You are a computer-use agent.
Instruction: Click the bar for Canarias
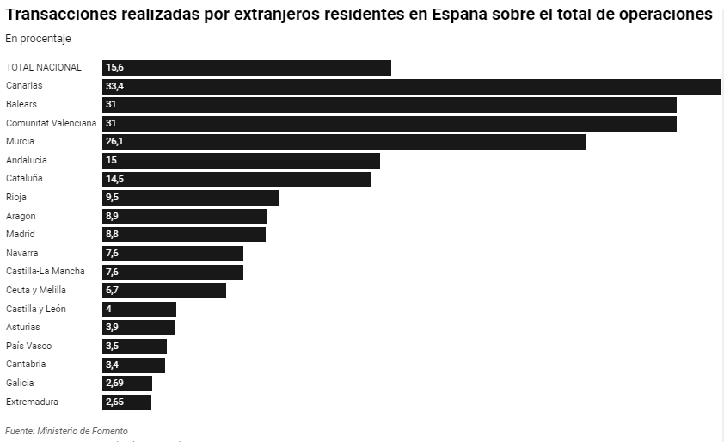tap(411, 86)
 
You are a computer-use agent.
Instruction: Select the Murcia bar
tap(344, 142)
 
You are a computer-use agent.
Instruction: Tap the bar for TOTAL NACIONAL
tap(247, 68)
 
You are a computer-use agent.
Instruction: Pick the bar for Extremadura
tap(126, 402)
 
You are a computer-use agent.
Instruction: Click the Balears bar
tap(389, 105)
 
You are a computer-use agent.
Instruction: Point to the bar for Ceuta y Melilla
tap(164, 291)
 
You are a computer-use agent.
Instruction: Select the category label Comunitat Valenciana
tap(51, 123)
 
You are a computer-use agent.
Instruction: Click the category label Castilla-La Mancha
tap(46, 272)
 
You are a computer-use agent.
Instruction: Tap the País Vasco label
tap(28, 346)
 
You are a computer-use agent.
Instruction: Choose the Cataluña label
tap(24, 179)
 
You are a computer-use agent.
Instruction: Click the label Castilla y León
tap(36, 309)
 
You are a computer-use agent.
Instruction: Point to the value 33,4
tap(114, 86)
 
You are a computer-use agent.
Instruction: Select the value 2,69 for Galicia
tap(116, 384)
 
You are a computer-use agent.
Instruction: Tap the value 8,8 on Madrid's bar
tap(112, 235)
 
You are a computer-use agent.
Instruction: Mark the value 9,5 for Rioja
tap(112, 198)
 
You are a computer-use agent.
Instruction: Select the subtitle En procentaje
tap(38, 39)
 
